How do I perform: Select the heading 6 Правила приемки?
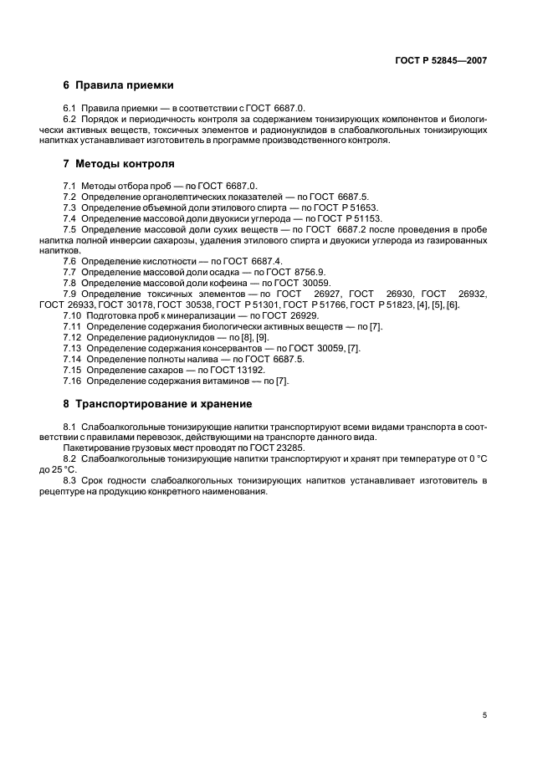click(x=118, y=85)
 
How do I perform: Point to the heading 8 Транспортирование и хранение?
click(x=157, y=404)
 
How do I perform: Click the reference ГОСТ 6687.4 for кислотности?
click(x=253, y=261)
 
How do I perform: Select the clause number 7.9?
click(x=70, y=294)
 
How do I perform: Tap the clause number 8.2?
click(x=70, y=459)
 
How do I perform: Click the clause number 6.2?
click(x=70, y=120)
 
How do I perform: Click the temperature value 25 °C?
click(x=64, y=470)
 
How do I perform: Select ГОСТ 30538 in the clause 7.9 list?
click(x=185, y=304)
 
